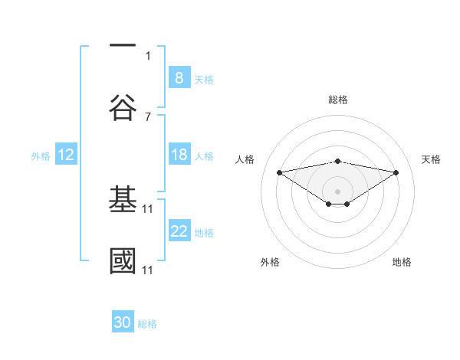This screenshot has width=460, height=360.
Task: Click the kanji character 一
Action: click(x=123, y=47)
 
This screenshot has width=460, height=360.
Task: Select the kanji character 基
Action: click(x=123, y=198)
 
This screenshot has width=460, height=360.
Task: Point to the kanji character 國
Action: click(x=123, y=260)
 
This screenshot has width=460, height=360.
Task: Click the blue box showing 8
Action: click(x=179, y=78)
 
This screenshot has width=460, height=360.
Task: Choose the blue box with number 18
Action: click(x=179, y=155)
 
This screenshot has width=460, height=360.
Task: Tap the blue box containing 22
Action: click(x=179, y=231)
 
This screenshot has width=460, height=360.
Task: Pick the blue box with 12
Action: click(x=65, y=155)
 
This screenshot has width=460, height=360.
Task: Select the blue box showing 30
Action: click(x=123, y=322)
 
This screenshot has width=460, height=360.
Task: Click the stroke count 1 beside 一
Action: click(x=148, y=55)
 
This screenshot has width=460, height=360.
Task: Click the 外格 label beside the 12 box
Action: click(x=41, y=155)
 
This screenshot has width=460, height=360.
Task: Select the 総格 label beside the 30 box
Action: click(x=147, y=324)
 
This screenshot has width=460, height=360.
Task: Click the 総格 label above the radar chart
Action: click(x=338, y=100)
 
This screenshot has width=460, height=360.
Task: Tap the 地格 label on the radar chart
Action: click(x=402, y=262)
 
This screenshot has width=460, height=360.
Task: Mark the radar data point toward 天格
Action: click(x=396, y=172)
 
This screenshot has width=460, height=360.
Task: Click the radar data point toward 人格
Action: click(x=280, y=172)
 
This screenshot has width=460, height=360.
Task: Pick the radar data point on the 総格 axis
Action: click(x=338, y=161)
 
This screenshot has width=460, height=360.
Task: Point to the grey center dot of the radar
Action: click(x=338, y=191)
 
